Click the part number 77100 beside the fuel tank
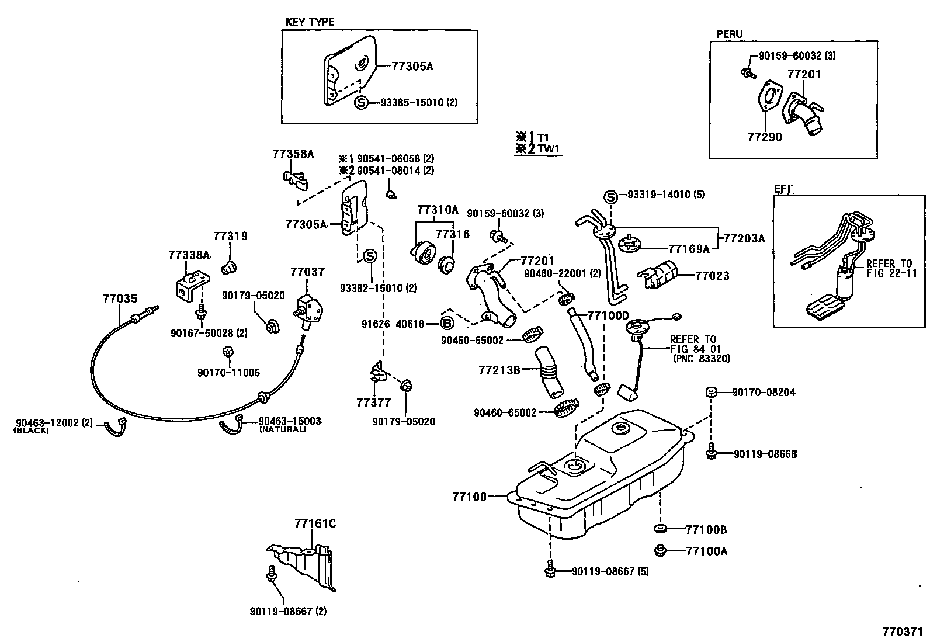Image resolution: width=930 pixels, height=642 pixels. [x=469, y=497]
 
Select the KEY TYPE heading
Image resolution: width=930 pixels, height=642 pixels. [x=310, y=22]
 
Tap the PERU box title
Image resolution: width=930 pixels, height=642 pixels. [x=730, y=34]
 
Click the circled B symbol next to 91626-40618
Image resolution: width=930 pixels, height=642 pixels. [x=446, y=324]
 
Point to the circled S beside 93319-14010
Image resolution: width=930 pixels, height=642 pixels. [x=610, y=196]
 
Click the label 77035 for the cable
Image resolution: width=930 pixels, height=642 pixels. [x=120, y=299]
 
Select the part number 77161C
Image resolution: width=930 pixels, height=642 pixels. [x=315, y=523]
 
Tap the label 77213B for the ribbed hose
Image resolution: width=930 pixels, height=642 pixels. [x=499, y=369]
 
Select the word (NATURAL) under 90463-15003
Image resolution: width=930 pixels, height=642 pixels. [x=282, y=429]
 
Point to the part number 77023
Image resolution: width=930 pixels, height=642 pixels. [x=712, y=276]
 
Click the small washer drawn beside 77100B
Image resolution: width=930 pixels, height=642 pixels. [x=661, y=529]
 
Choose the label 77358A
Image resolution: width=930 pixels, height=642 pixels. [x=293, y=154]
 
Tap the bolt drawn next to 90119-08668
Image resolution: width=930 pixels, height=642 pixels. [x=710, y=453]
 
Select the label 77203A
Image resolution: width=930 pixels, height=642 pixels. [x=743, y=238]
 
